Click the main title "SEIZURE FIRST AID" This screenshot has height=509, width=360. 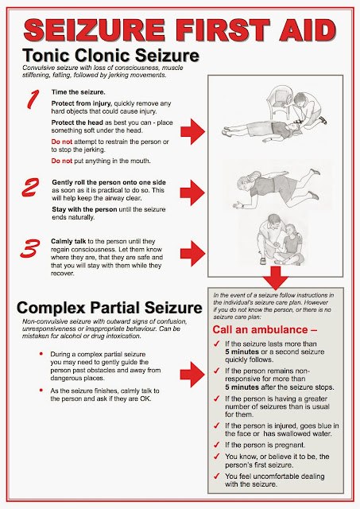(180, 30)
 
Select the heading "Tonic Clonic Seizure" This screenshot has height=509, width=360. (110, 55)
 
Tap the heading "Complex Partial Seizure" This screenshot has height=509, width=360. (110, 308)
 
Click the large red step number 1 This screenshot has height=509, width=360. (33, 99)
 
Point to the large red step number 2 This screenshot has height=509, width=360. (30, 188)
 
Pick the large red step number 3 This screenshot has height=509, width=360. (30, 249)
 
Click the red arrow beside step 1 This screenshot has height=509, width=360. (193, 131)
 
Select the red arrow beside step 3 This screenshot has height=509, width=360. (193, 254)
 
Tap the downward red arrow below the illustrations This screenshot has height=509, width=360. (275, 278)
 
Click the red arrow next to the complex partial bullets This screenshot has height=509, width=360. (192, 375)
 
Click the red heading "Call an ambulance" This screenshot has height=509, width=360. (265, 330)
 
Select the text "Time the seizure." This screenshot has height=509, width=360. (78, 92)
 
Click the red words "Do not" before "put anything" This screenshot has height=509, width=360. (62, 161)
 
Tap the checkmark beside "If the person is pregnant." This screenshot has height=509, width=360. (217, 445)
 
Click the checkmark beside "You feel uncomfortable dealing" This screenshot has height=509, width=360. (217, 476)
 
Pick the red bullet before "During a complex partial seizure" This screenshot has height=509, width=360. (41, 354)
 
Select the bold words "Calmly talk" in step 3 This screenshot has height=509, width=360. (68, 242)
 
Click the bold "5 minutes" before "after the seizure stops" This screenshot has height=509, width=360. (242, 387)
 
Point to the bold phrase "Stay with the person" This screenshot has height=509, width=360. (84, 209)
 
